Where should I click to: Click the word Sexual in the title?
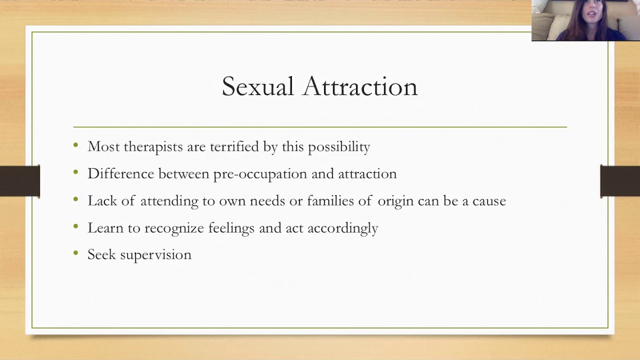[257, 87]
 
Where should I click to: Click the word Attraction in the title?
[360, 87]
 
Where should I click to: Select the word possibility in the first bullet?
[338, 147]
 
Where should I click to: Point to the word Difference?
[121, 173]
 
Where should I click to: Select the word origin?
[395, 201]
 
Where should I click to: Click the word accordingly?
[342, 228]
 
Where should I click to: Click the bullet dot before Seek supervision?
[76, 253]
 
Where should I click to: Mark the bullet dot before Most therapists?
[76, 145]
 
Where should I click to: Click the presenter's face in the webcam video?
[591, 13]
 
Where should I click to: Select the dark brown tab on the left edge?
[19, 180]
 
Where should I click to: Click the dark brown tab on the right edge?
[620, 180]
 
